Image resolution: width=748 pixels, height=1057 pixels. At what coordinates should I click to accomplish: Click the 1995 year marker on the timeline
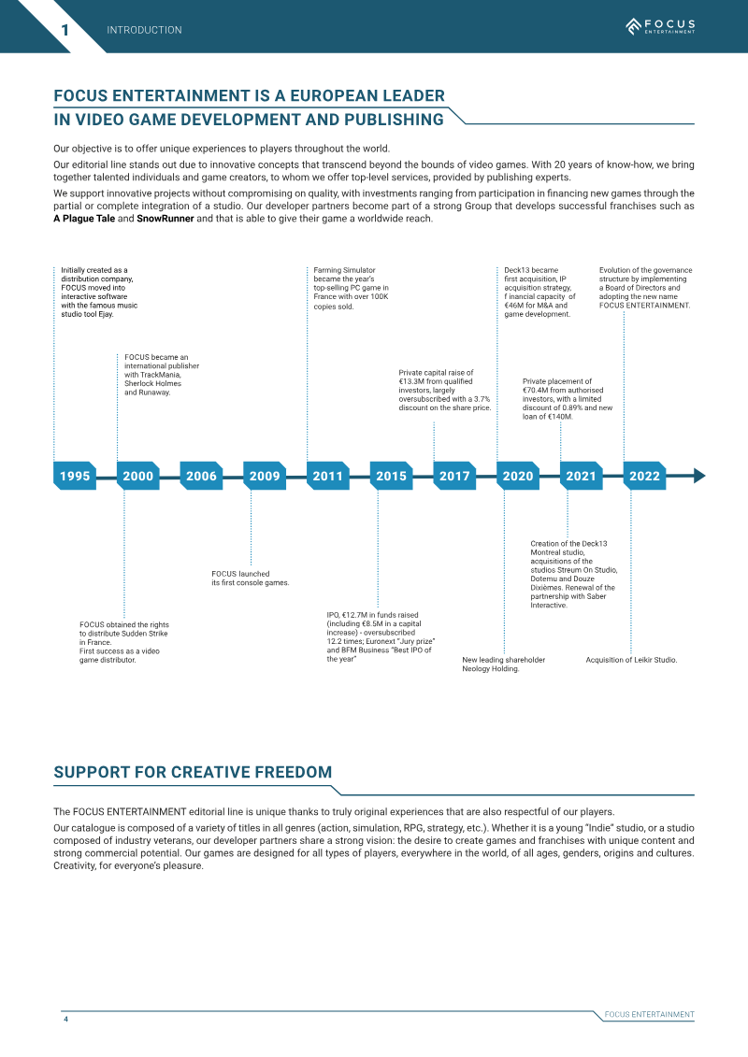pos(75,476)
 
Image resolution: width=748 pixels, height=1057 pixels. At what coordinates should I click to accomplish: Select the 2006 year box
pos(202,476)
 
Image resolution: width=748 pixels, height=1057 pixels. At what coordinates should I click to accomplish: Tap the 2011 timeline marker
pos(328,476)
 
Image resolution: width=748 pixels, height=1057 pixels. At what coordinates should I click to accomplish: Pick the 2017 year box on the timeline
pos(454,476)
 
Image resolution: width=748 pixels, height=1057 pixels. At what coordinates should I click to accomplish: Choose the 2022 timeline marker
pos(645,476)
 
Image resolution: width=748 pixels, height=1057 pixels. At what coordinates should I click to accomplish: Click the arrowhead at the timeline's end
pos(699,476)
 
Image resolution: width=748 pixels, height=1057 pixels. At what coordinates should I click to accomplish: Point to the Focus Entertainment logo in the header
pos(660,26)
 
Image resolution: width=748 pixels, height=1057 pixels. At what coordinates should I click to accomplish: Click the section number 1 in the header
pos(65,30)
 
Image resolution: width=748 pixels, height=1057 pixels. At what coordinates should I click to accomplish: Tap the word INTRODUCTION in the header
pos(144,30)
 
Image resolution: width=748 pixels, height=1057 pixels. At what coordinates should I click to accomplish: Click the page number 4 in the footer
pos(65,1019)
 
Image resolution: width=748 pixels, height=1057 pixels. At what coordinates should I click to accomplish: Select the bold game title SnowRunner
pos(165,219)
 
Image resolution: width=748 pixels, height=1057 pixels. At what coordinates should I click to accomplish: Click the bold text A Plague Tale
pos(84,219)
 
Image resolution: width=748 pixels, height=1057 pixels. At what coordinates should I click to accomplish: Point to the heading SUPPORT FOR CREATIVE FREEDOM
pos(193,772)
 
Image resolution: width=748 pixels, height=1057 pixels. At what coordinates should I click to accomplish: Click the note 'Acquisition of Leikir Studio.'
pos(631,660)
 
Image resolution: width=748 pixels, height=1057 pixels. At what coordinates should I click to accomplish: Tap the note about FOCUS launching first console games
pos(251,578)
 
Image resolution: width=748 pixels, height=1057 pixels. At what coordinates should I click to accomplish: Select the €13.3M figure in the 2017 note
pos(411,381)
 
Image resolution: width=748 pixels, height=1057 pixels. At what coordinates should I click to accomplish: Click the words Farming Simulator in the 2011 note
pos(344,270)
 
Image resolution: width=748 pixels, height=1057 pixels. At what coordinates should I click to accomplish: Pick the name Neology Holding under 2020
pos(490,669)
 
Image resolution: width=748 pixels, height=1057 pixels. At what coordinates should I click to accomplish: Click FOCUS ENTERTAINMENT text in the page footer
pos(649,1015)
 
